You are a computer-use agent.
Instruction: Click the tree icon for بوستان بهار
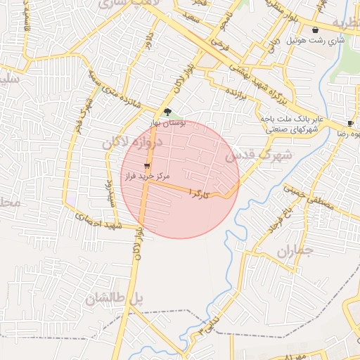click(x=167, y=112)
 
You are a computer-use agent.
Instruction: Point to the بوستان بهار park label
click(x=167, y=122)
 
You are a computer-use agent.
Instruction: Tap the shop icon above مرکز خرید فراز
click(x=146, y=167)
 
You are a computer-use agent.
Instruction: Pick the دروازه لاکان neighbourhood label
click(x=131, y=143)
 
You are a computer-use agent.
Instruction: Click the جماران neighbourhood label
click(x=293, y=251)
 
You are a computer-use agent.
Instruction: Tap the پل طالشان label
click(x=114, y=299)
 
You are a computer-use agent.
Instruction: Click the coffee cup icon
click(x=350, y=123)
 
